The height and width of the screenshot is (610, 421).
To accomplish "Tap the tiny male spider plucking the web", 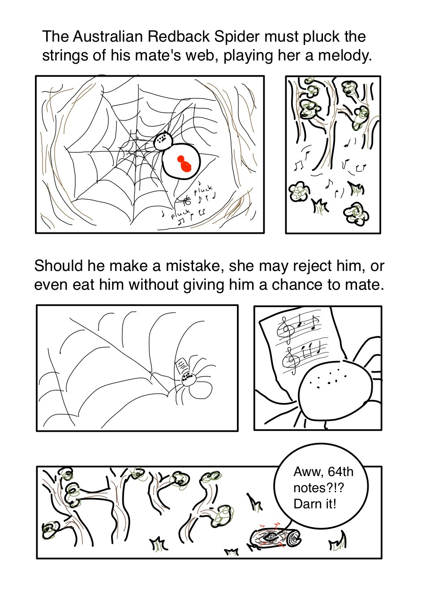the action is (x=186, y=201).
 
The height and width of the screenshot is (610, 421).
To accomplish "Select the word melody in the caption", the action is (x=344, y=56).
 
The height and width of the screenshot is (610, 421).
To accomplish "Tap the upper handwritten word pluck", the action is (x=203, y=190).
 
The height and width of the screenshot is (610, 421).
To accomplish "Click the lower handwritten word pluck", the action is (x=180, y=214).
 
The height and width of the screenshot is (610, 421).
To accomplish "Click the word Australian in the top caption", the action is (x=107, y=36).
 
